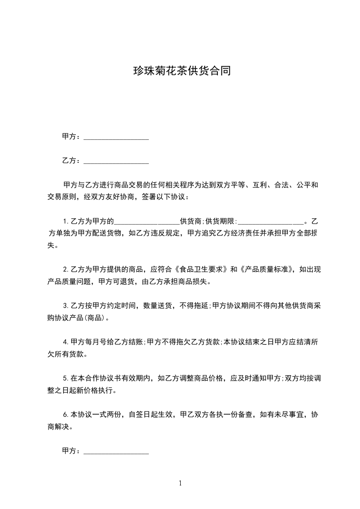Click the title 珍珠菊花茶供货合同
[180, 71]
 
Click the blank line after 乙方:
[116, 161]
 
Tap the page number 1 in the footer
[180, 483]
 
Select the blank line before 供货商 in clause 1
[147, 222]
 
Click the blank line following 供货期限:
[271, 222]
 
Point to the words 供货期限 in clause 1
[220, 222]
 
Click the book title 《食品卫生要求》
[202, 269]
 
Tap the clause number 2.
[65, 269]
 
